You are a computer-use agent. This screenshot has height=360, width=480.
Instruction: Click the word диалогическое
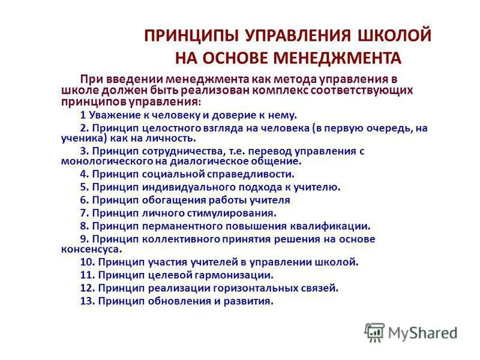(x=208, y=161)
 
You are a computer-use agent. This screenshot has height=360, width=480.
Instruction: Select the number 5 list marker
(x=85, y=187)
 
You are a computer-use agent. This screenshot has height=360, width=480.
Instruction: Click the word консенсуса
(x=90, y=248)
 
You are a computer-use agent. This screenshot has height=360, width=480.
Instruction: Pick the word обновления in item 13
(x=173, y=301)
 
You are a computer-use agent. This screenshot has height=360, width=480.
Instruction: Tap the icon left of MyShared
(x=374, y=332)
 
